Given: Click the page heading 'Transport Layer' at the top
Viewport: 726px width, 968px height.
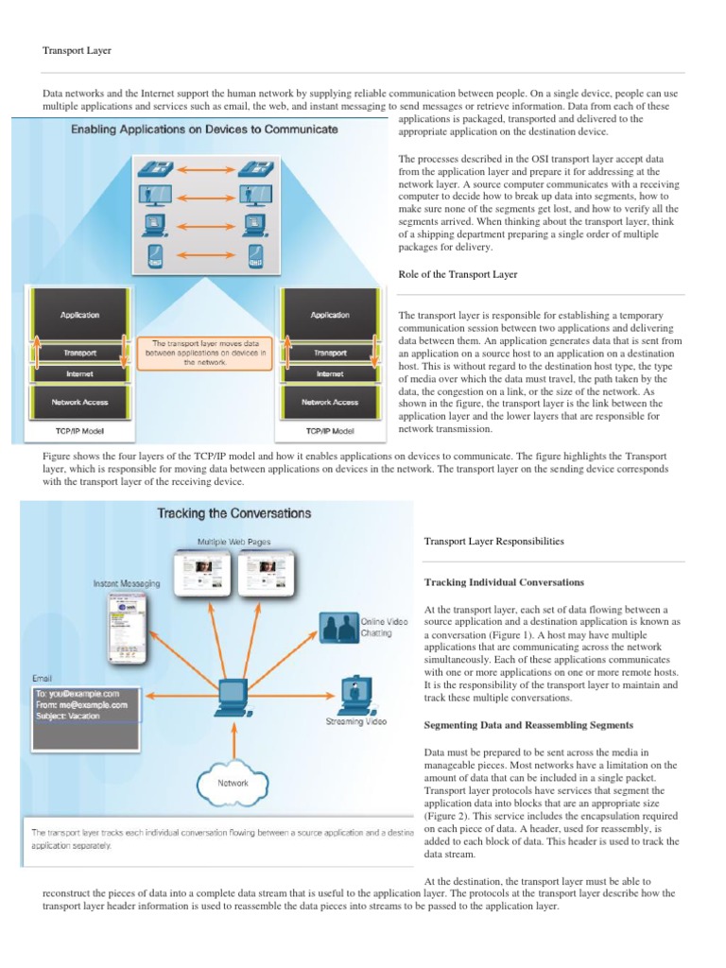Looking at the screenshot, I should click(78, 50).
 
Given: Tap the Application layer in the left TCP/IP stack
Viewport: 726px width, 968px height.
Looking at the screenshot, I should click(79, 315).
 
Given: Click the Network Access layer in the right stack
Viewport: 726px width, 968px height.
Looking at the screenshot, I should click(330, 402).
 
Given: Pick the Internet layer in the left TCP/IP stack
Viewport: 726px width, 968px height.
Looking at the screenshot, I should click(79, 374).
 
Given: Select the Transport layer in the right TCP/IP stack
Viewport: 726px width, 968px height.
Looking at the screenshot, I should click(330, 352).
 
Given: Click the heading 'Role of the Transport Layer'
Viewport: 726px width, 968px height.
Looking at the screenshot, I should click(458, 274).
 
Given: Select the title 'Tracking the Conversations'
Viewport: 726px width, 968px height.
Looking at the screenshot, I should click(233, 513).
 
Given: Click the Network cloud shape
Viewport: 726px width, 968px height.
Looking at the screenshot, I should click(233, 783).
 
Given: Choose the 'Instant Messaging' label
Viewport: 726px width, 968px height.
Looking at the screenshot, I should click(127, 584).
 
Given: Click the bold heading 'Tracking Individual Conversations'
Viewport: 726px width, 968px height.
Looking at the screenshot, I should click(504, 582).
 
